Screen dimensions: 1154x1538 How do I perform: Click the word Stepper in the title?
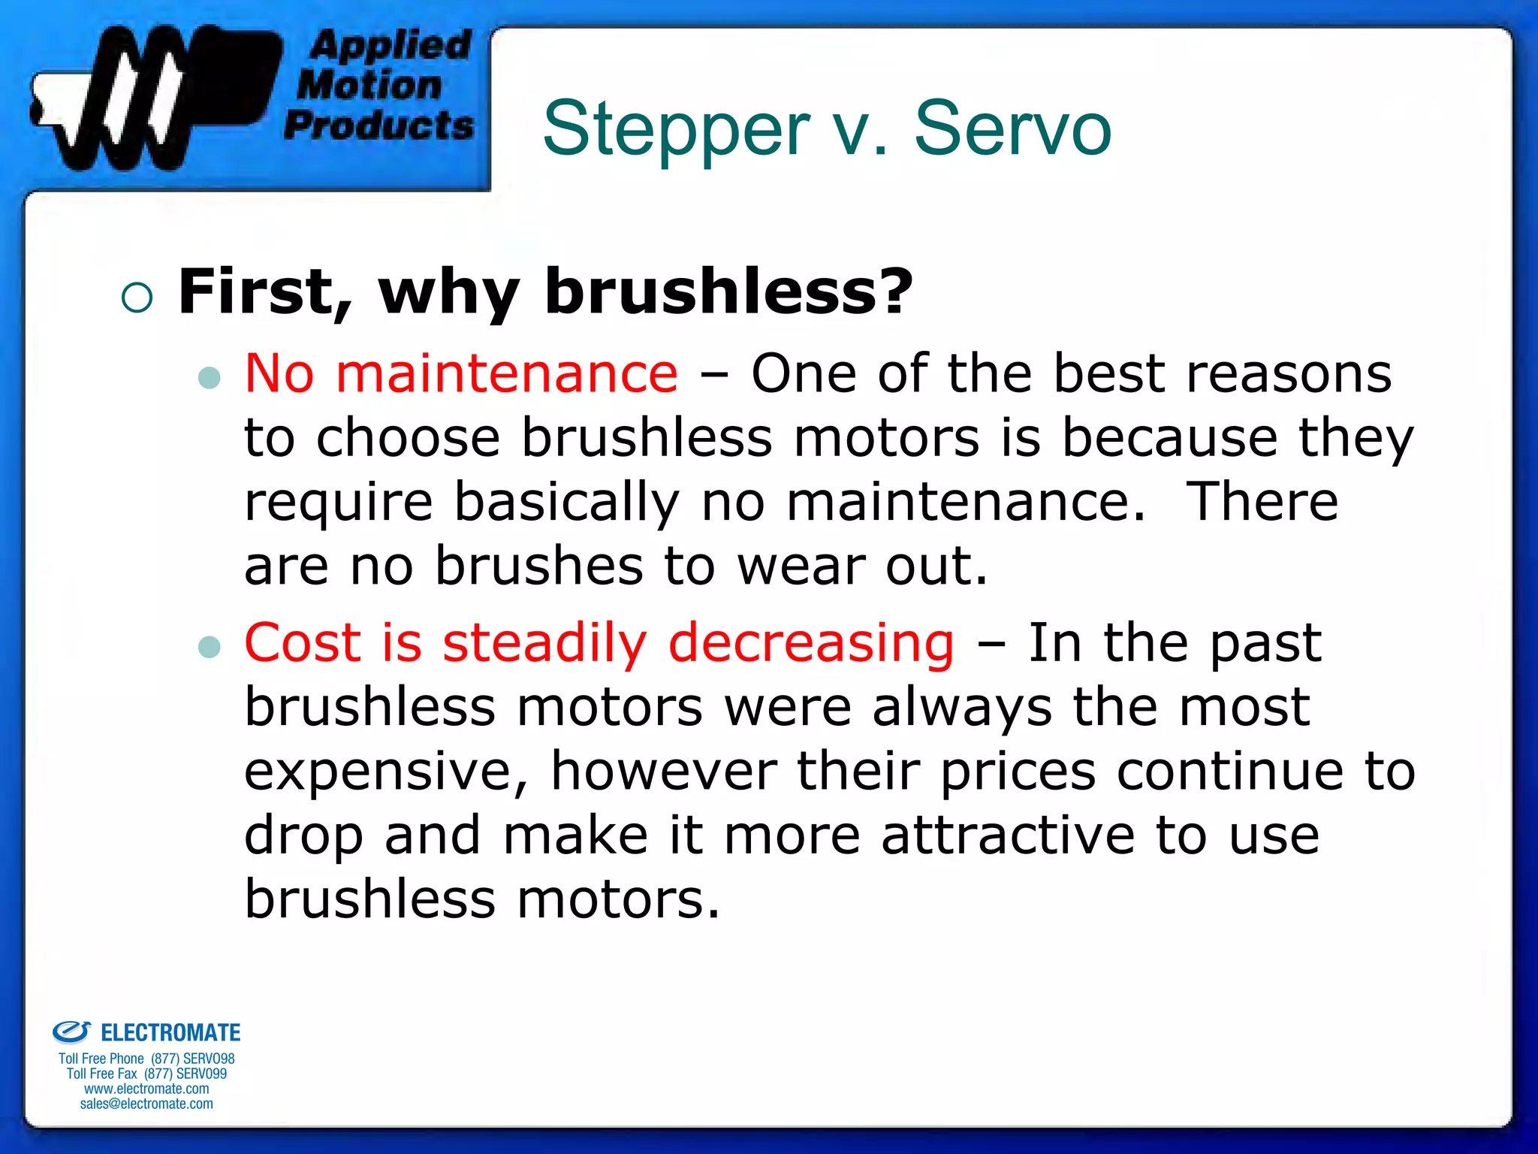(676, 129)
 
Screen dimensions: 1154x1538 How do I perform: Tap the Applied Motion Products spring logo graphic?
(150, 98)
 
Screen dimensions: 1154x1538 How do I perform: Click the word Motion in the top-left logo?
(369, 85)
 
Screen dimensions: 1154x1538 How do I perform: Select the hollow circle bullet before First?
(137, 298)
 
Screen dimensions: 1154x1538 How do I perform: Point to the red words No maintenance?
(461, 373)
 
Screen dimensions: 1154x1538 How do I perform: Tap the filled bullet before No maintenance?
(210, 376)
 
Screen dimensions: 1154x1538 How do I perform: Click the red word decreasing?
(811, 643)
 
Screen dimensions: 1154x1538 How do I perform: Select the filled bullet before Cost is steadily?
(210, 646)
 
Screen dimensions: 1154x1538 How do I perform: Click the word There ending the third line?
(1262, 502)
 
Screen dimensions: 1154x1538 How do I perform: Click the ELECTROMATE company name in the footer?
(170, 1033)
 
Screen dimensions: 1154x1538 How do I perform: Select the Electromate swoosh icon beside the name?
(71, 1032)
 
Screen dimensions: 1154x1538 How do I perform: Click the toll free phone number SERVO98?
(193, 1059)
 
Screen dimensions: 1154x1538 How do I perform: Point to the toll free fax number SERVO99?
(185, 1074)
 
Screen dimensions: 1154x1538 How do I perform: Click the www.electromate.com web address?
(146, 1089)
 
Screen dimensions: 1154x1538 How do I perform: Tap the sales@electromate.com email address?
(146, 1104)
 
